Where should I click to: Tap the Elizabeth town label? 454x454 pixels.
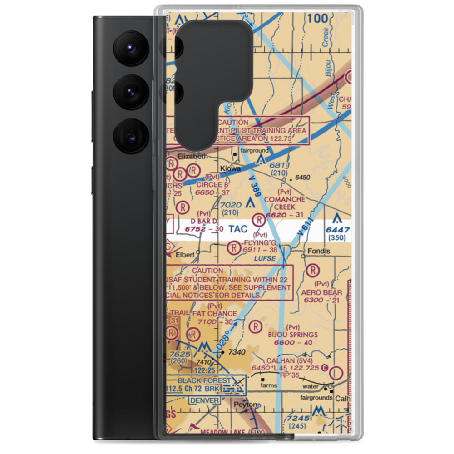tap(192, 156)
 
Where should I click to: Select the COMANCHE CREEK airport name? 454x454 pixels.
tap(285, 203)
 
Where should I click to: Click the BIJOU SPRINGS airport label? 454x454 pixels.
tap(293, 335)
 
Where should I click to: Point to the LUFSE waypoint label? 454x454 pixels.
tap(265, 258)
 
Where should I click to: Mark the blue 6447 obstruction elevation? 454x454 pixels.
tap(338, 230)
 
